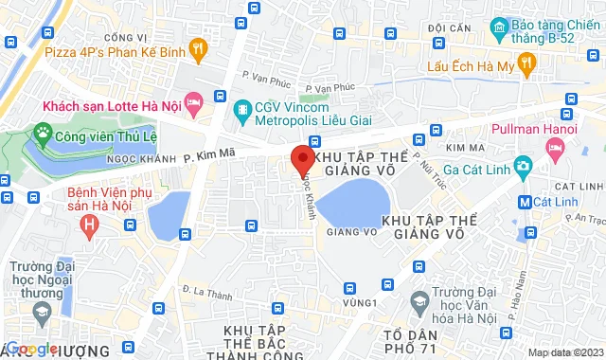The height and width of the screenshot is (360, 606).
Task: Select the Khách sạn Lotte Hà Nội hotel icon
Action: point(193,100)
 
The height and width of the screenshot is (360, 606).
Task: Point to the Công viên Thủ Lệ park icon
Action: point(42,131)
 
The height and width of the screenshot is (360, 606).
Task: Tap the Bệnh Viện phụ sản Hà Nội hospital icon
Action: point(90,225)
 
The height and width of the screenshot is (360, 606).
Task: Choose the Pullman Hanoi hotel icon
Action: point(555,149)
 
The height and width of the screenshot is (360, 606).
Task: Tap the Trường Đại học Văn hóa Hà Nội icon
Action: point(419,301)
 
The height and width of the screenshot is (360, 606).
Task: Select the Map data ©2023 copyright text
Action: point(564,353)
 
